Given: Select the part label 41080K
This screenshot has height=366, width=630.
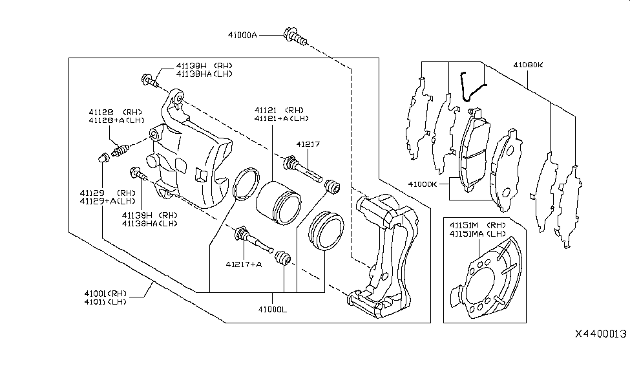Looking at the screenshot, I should pos(528,65).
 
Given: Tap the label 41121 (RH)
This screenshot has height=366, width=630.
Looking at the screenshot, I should pos(284,110).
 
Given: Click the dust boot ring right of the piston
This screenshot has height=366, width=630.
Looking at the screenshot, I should pos(322,230).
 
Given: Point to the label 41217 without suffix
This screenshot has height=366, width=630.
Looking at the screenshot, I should pos(308,145).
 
